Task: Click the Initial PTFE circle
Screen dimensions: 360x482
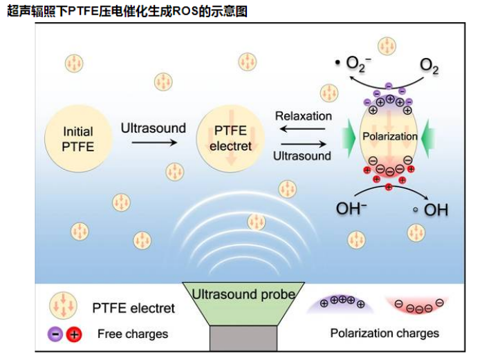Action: (x=78, y=137)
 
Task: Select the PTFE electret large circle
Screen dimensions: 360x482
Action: (x=230, y=137)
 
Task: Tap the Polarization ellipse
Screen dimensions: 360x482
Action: (x=389, y=136)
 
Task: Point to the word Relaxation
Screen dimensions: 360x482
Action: (x=303, y=116)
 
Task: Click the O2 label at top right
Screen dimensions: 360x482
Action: (x=429, y=66)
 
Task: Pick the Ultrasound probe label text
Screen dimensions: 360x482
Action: (x=243, y=295)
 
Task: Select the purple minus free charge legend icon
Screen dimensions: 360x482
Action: (x=55, y=334)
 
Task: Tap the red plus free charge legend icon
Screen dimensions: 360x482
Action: (x=73, y=334)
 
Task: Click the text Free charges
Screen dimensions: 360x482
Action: (x=133, y=334)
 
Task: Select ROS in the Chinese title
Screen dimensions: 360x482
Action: (x=178, y=12)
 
